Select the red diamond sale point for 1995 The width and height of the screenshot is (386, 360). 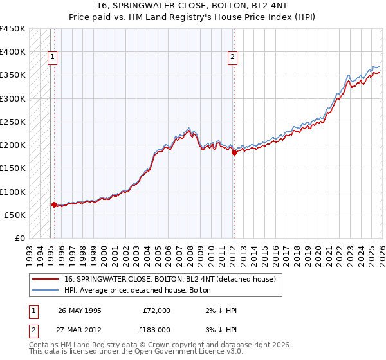point(54,204)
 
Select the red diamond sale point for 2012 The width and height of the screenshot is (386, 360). point(234,153)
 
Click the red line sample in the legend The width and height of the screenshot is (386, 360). point(46,279)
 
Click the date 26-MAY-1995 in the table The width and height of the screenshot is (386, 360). point(79,310)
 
